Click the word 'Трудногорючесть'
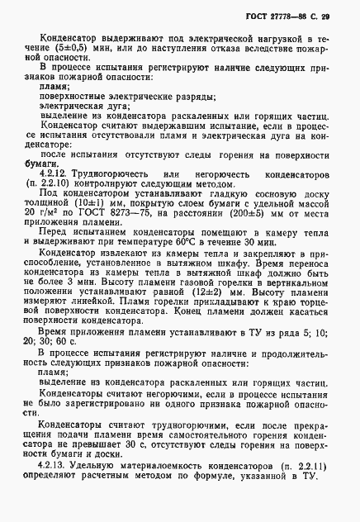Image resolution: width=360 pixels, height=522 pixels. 108,175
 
